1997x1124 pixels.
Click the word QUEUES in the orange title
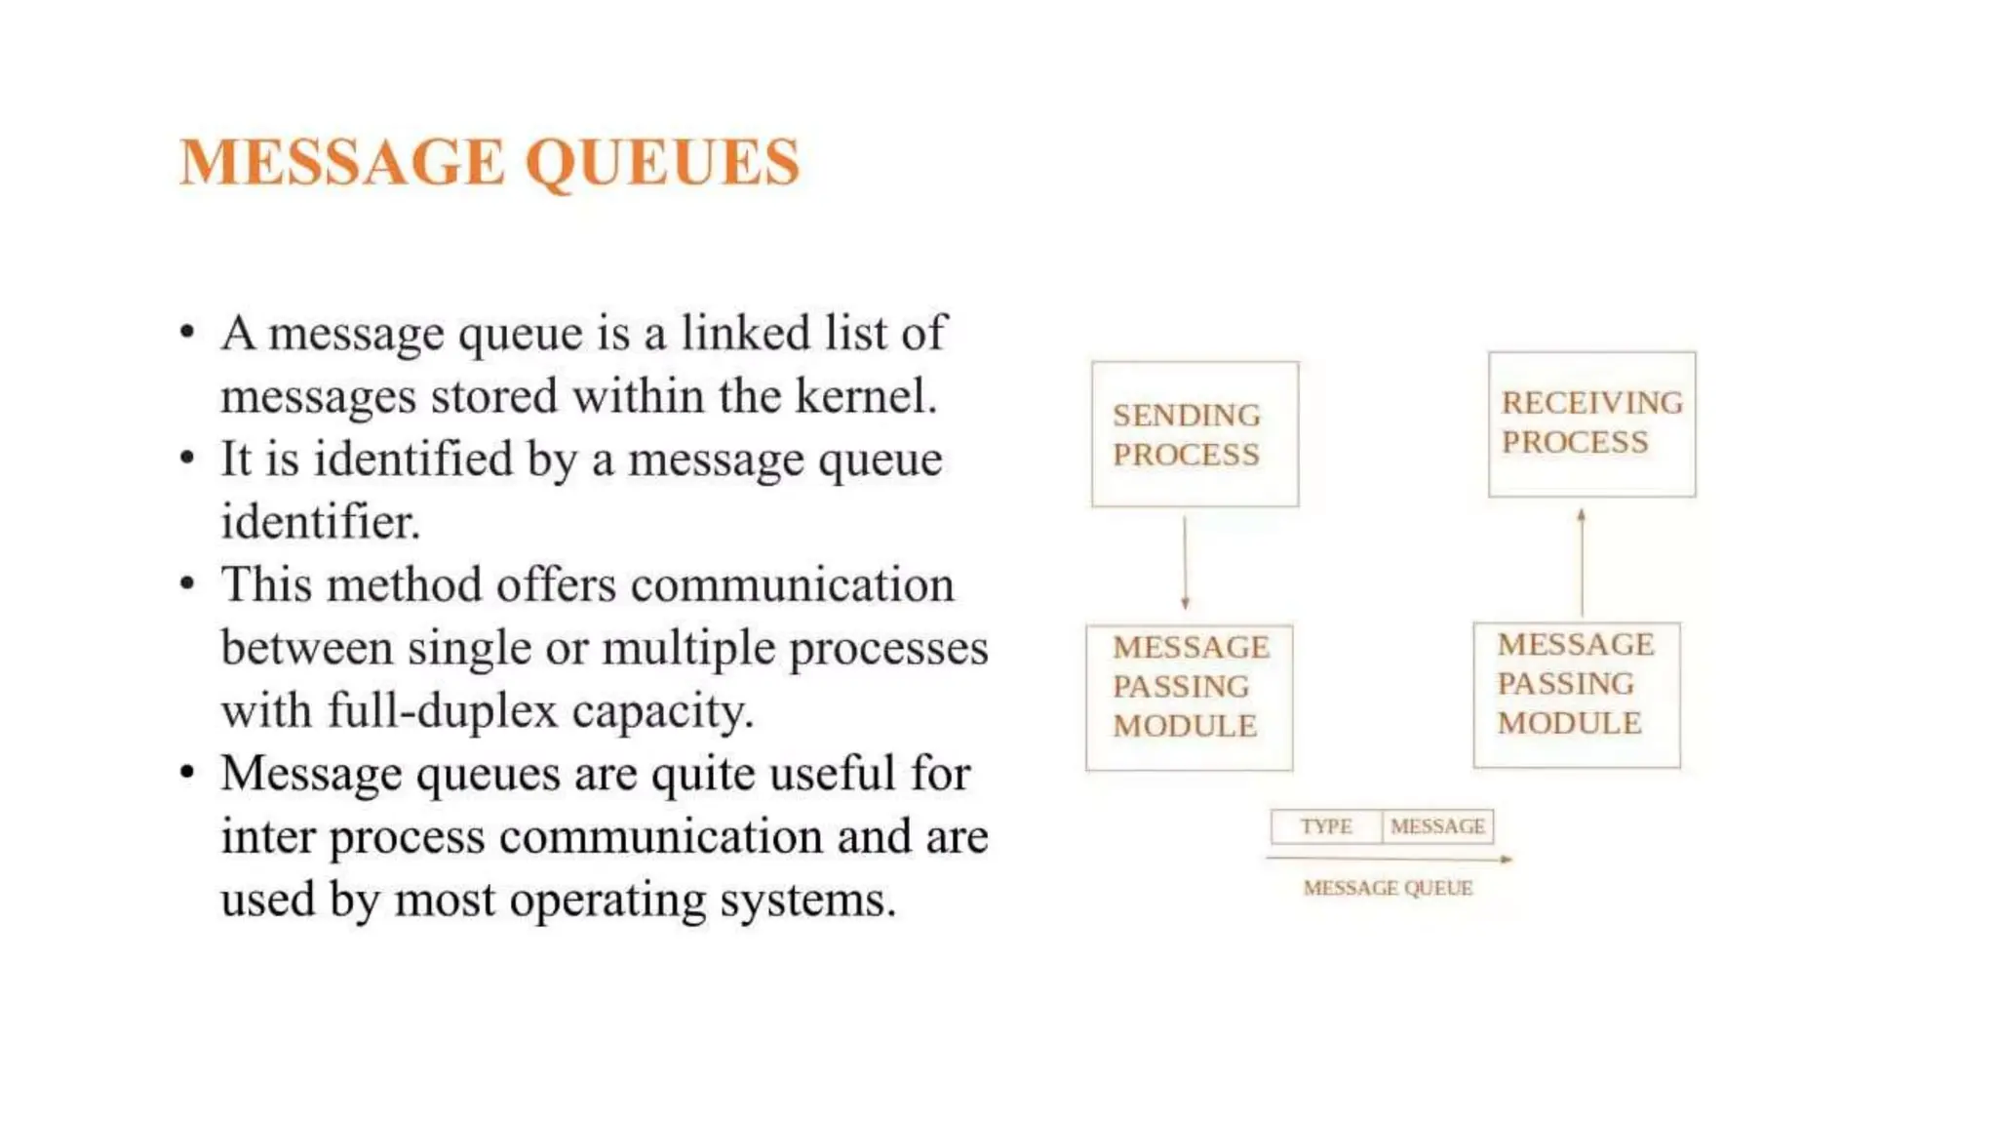[x=663, y=162]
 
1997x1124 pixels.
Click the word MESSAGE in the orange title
[x=342, y=162]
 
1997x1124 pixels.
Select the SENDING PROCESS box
[x=1194, y=434]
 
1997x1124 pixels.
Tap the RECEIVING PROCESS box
[x=1591, y=423]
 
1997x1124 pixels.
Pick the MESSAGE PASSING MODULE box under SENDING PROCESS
[x=1190, y=697]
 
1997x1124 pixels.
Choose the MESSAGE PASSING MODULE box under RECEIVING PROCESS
[x=1577, y=695]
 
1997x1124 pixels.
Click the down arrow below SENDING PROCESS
[x=1185, y=564]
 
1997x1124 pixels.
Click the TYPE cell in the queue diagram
[x=1326, y=826]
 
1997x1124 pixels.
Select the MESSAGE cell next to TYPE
[x=1437, y=826]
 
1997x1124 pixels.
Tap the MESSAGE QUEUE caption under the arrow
[x=1388, y=888]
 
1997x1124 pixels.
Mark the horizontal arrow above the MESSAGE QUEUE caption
[x=1389, y=859]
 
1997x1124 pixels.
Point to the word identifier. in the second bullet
[x=321, y=522]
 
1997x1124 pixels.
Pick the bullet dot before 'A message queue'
[x=188, y=334]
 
